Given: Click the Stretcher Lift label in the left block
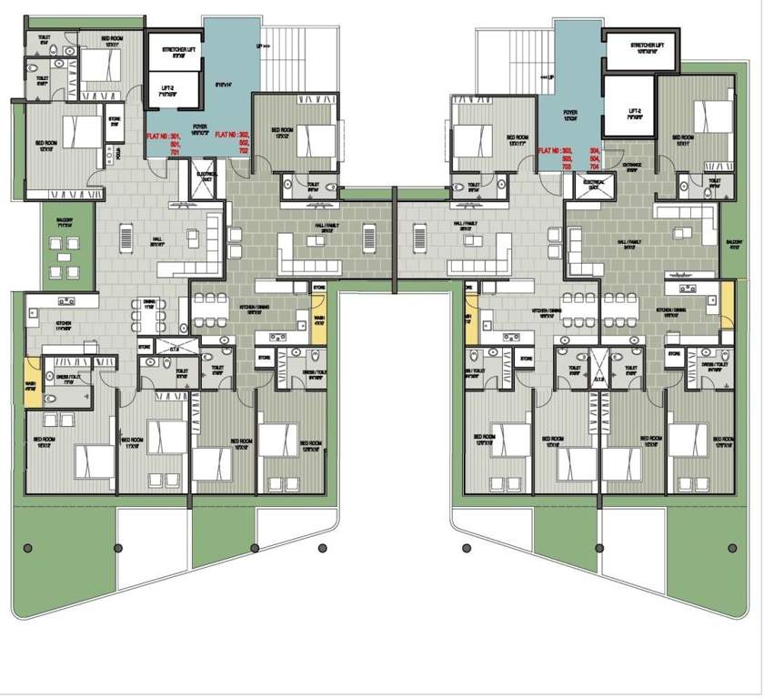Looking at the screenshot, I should tap(175, 51).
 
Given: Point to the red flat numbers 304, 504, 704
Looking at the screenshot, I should tap(595, 157).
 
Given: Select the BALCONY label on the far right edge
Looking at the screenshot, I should tap(734, 244).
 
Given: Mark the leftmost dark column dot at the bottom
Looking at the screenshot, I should tap(28, 547).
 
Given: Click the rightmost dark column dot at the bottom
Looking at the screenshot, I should tap(733, 548).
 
